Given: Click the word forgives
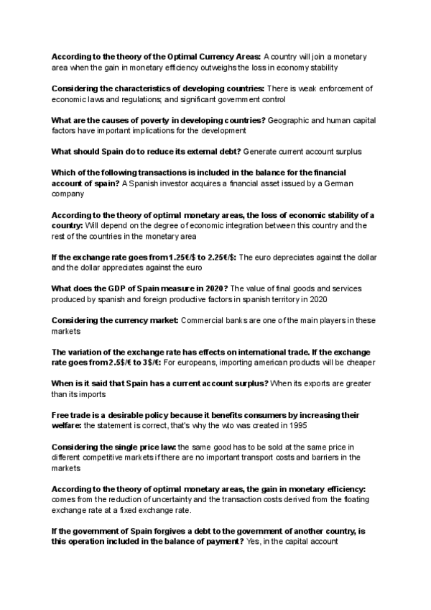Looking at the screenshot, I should point(154,531).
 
